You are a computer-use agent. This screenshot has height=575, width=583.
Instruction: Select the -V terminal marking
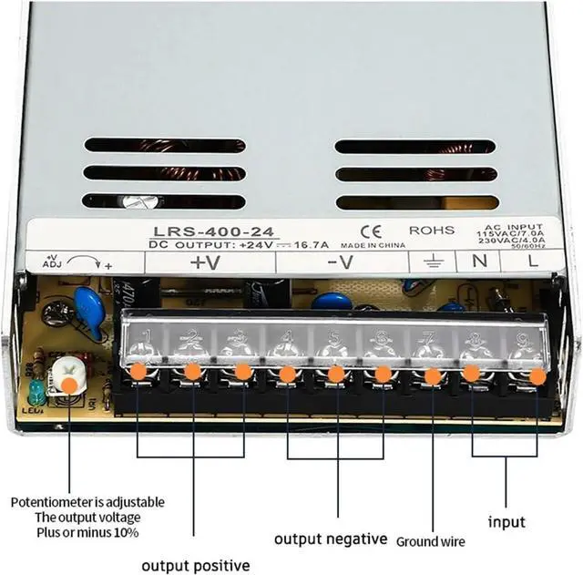340,262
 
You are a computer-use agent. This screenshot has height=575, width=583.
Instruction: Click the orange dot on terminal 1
138,372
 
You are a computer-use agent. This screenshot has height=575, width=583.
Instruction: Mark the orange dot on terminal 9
537,375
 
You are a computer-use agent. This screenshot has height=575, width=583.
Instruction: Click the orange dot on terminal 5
335,374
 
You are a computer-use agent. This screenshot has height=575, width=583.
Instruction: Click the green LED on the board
35,393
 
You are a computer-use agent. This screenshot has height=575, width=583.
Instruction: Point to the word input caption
506,522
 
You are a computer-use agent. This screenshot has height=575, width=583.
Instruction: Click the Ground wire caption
431,541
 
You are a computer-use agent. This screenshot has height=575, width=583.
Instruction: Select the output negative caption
331,538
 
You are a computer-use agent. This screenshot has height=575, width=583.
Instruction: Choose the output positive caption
195,564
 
